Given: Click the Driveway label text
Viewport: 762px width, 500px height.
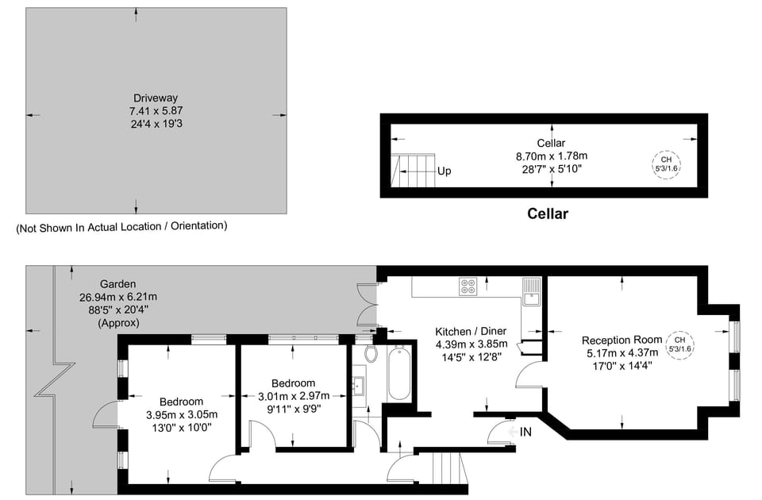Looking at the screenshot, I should [150, 98].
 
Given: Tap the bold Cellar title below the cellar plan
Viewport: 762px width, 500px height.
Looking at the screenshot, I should [548, 213].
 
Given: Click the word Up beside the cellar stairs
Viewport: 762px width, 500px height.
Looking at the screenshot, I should [444, 171].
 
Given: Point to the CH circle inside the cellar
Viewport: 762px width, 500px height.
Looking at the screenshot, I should [666, 164].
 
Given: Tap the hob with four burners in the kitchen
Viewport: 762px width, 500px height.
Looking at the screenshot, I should [468, 287].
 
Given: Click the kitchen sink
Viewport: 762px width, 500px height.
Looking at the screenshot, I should [530, 292].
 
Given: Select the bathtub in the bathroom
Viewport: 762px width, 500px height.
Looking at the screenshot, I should [398, 372].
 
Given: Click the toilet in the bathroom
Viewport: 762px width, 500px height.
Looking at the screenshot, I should [371, 352].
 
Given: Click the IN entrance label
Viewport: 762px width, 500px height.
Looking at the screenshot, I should [525, 432].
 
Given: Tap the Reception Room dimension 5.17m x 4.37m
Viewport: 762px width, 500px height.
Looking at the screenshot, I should [622, 352].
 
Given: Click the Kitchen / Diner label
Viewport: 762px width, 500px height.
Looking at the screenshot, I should [471, 332].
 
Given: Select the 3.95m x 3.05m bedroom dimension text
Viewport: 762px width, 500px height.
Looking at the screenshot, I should [182, 414].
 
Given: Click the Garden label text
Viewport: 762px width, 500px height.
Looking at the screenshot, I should [117, 284].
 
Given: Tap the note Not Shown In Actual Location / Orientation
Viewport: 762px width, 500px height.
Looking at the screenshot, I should [121, 226].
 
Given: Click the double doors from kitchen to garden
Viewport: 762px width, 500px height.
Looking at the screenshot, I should [367, 306].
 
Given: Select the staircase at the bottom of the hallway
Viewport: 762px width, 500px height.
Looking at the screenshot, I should [446, 467].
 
